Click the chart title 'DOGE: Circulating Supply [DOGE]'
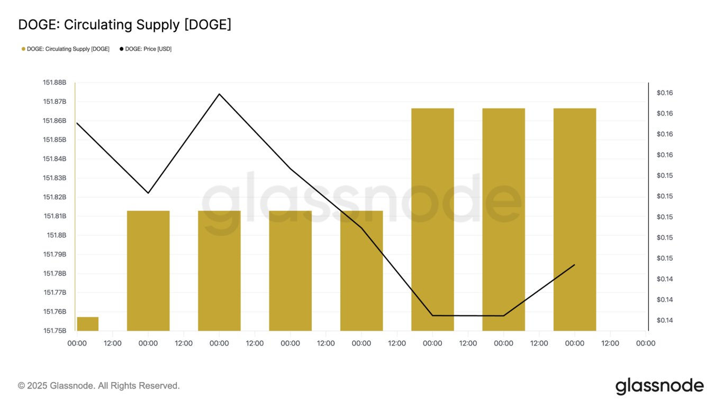tap(124, 24)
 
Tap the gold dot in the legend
tap(23, 49)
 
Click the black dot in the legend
tap(121, 49)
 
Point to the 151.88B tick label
tap(55, 83)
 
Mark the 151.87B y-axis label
tap(55, 102)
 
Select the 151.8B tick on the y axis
tap(57, 235)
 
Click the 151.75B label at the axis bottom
tap(55, 331)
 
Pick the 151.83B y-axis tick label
tap(55, 178)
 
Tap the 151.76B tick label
tap(55, 312)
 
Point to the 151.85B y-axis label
tap(55, 140)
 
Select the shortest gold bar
tap(87, 324)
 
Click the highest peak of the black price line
tap(219, 94)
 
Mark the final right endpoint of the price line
tap(575, 264)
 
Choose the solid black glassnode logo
tap(659, 386)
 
